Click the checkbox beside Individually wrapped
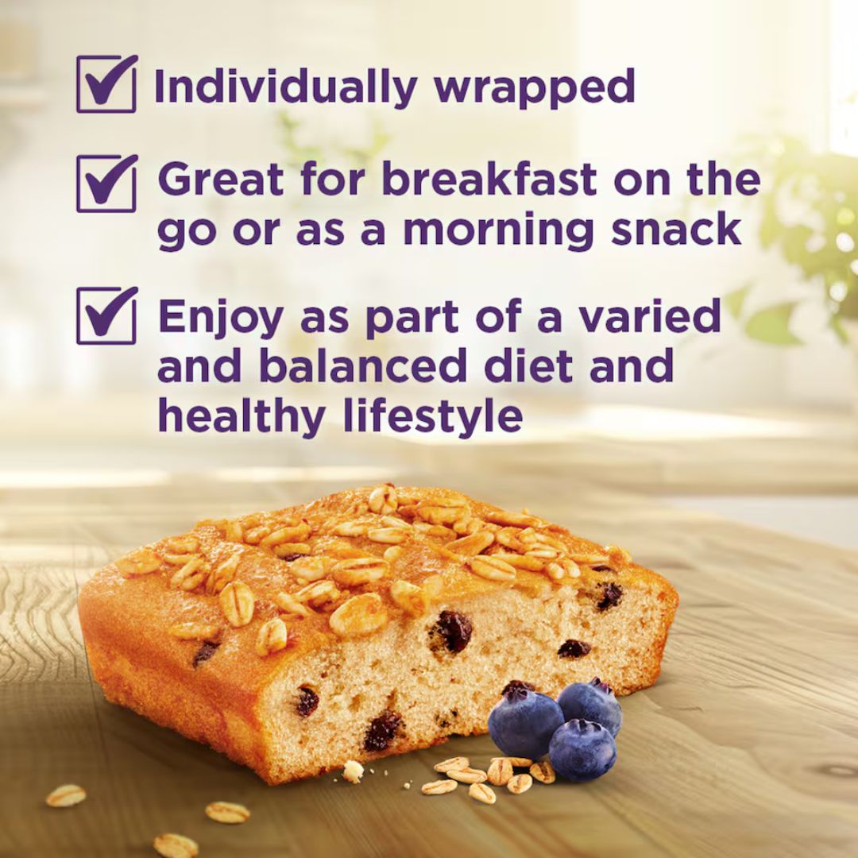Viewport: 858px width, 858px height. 106,83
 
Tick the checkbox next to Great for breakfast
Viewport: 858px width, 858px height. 106,183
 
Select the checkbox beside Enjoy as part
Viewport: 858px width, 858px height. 106,315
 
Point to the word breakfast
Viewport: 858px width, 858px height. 489,180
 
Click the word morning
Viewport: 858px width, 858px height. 497,230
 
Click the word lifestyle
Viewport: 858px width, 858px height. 433,416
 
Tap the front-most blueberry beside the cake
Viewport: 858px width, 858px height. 582,749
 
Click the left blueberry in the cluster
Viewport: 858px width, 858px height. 525,721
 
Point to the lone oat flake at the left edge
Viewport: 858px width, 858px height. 65,795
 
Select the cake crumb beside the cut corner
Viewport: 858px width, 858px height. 353,771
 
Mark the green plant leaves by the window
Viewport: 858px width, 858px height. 802,230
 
